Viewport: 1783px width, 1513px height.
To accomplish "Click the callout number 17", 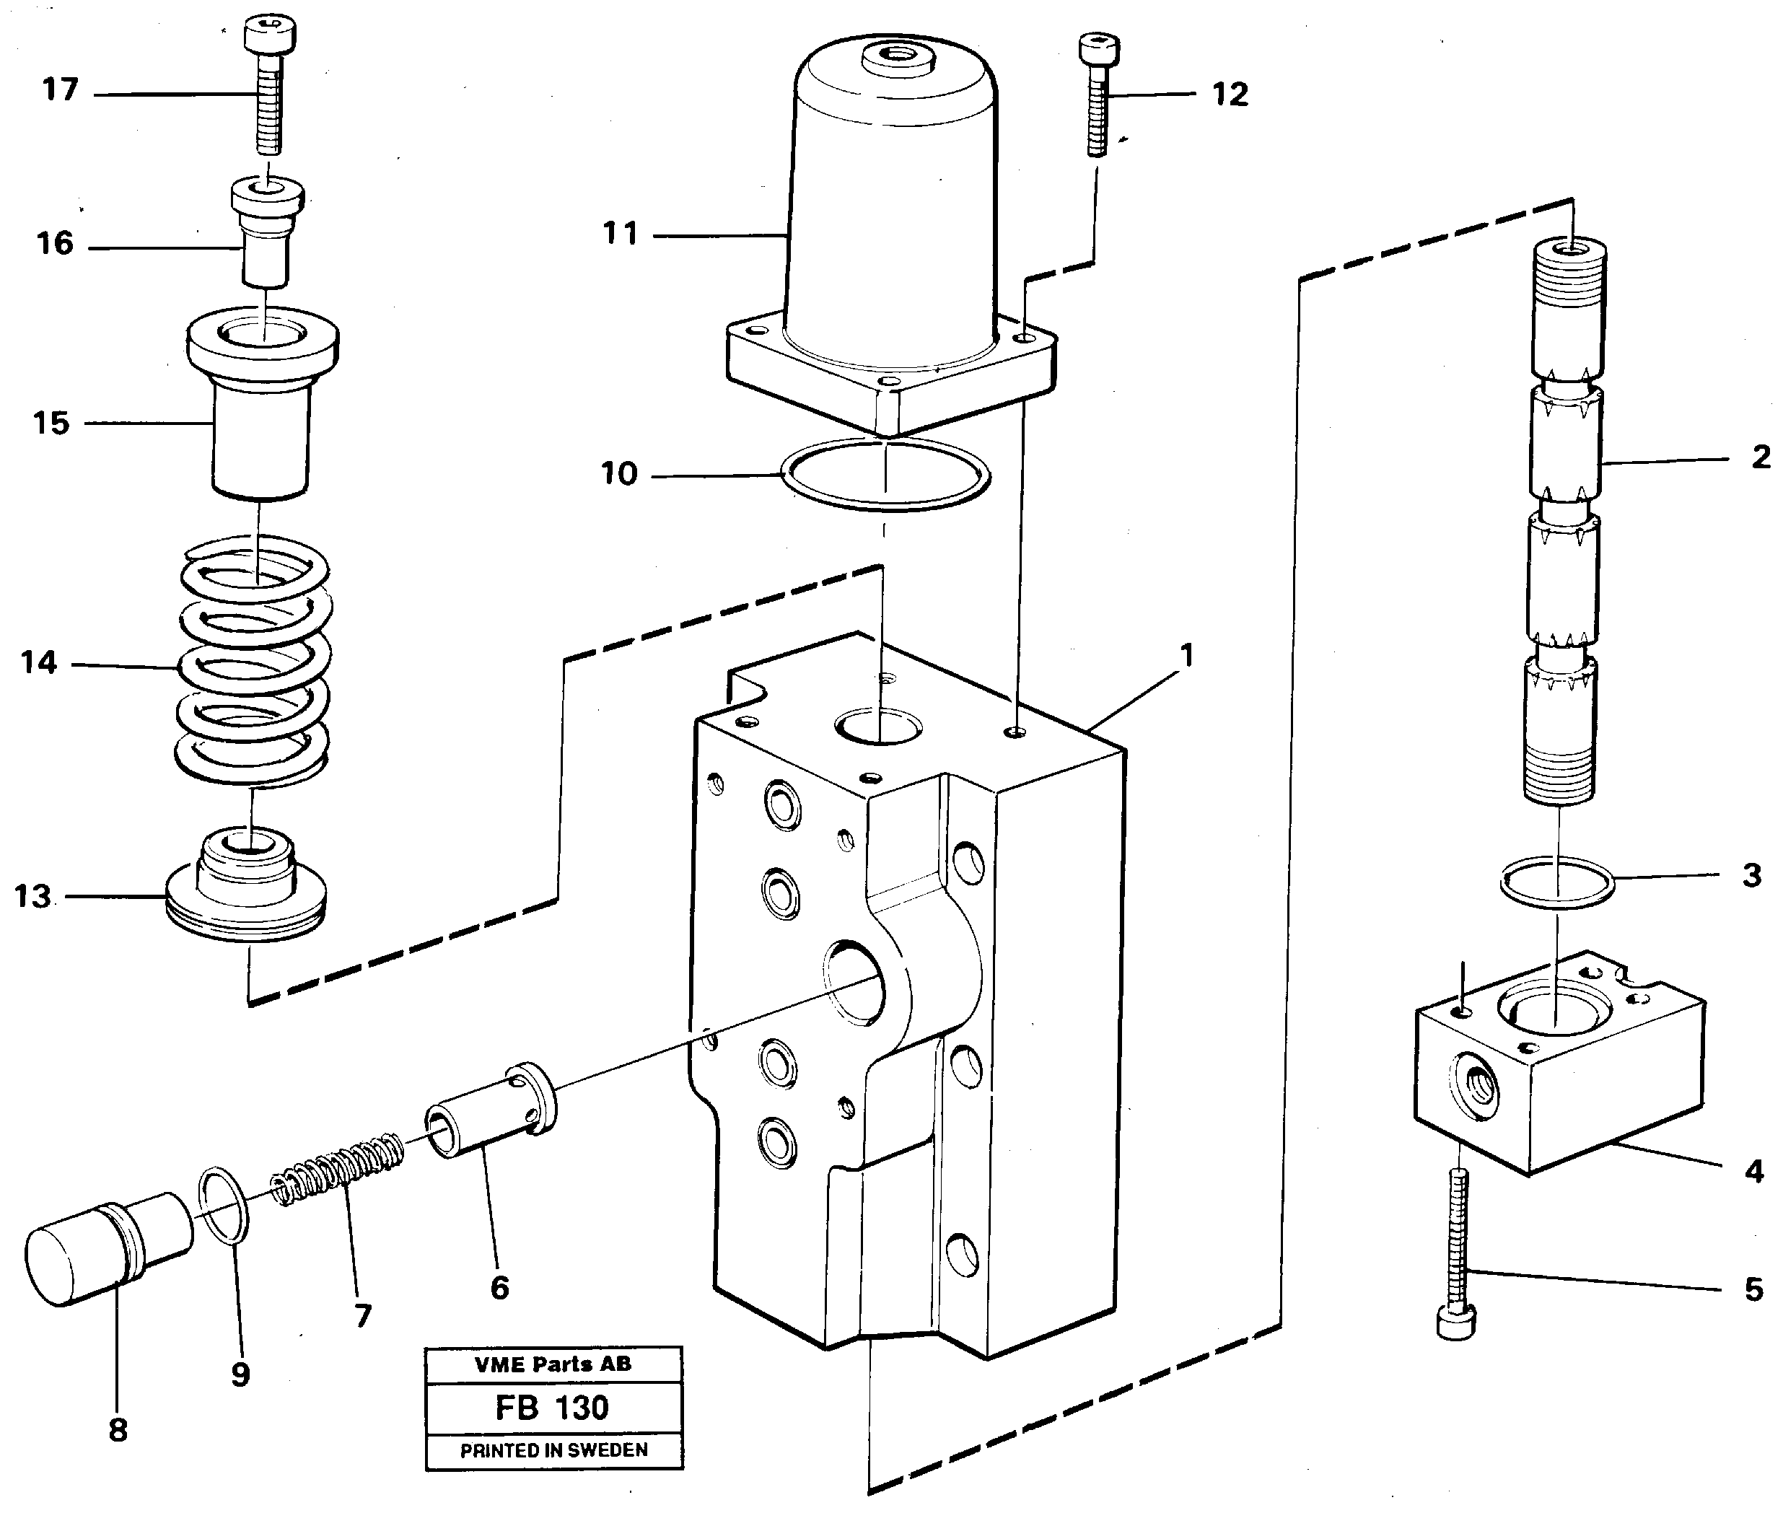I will coord(60,89).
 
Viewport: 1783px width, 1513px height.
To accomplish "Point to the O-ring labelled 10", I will coord(886,474).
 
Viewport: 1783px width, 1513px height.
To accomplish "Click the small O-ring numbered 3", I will coord(1556,882).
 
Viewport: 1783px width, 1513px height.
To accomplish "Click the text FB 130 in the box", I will coord(552,1408).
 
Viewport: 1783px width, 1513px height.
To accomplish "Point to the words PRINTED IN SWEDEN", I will coord(554,1450).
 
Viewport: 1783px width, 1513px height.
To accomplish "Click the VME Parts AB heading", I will coord(553,1364).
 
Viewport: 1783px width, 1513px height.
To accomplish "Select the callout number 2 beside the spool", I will coord(1761,457).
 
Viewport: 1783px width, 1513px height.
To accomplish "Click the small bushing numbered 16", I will coord(266,236).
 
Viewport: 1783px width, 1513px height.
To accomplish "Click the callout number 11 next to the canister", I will coord(620,233).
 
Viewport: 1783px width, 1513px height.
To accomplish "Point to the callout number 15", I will coord(51,423).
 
